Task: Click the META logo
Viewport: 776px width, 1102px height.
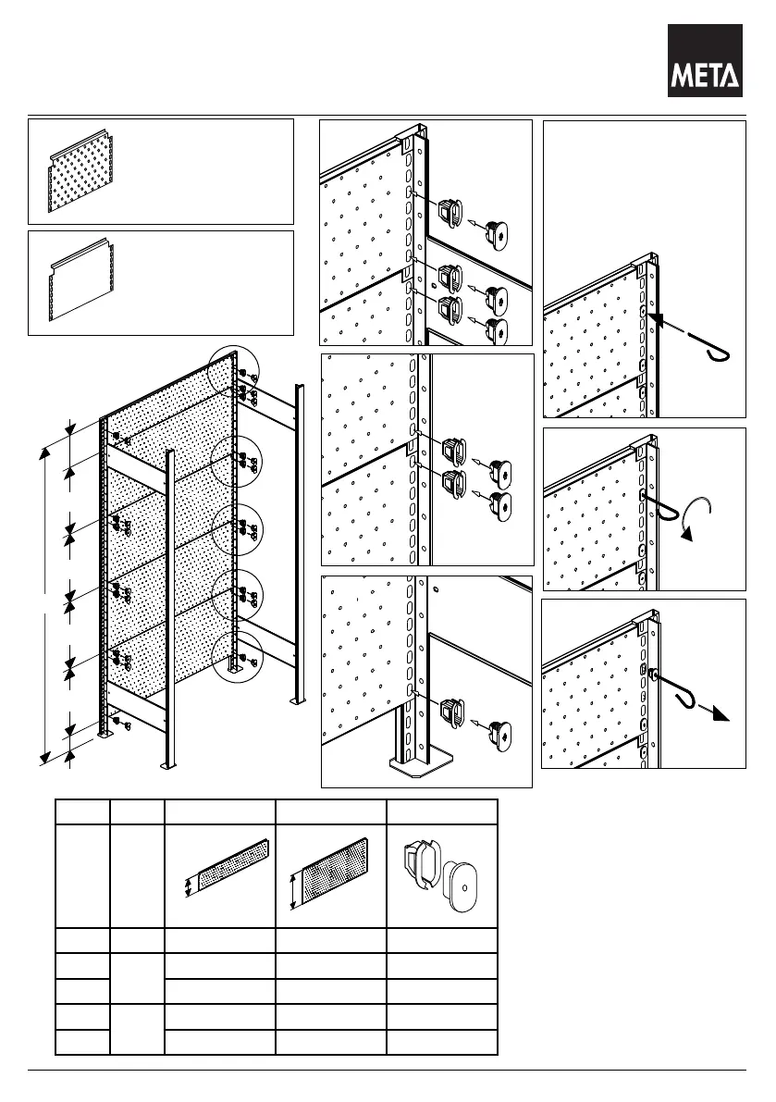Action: [706, 61]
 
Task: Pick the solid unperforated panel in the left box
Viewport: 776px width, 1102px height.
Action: [81, 282]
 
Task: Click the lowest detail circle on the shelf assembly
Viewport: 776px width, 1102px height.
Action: [236, 660]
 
